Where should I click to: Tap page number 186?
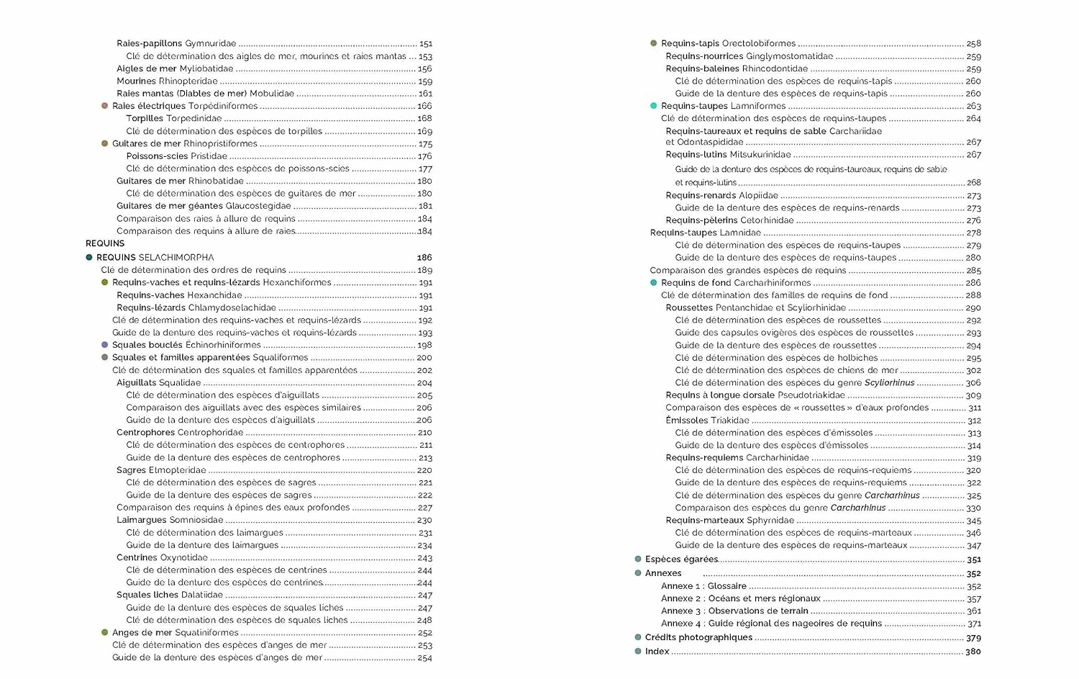tap(424, 257)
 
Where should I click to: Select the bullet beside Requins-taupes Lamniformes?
tap(653, 106)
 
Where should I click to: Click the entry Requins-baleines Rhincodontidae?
tap(737, 68)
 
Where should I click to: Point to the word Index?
tap(657, 651)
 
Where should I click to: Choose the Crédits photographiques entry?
tap(698, 637)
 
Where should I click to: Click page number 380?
tap(973, 652)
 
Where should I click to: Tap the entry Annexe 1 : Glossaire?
tap(704, 586)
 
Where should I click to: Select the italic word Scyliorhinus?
tap(889, 383)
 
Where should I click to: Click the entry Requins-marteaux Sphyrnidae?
tap(729, 520)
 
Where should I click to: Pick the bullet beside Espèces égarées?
tap(638, 559)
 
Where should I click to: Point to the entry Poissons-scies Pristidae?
tap(176, 156)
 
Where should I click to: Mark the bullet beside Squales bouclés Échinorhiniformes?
tap(105, 345)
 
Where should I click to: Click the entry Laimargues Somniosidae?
tap(170, 520)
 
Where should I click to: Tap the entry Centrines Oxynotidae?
tap(162, 557)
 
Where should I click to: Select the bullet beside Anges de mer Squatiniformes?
tap(105, 632)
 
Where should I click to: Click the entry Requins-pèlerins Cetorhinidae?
tap(729, 220)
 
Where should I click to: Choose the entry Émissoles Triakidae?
tap(707, 421)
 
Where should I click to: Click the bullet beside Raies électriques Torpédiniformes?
tap(105, 106)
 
